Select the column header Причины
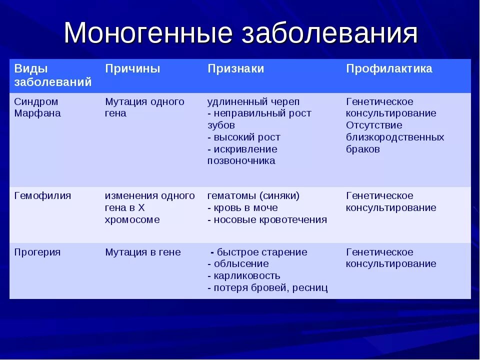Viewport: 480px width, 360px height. point(132,69)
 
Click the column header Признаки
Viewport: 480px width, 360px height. point(235,69)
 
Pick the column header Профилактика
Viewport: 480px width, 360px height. point(389,69)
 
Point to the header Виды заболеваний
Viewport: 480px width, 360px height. point(52,75)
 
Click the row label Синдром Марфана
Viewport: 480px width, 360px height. point(37,107)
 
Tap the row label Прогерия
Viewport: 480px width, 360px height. point(37,252)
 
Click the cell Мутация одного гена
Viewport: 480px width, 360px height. point(144,107)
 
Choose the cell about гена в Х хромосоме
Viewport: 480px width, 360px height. point(149,207)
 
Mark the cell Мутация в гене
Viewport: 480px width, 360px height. point(143,252)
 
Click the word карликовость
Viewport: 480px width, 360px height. point(247,276)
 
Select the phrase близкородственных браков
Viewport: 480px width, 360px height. point(394,143)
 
